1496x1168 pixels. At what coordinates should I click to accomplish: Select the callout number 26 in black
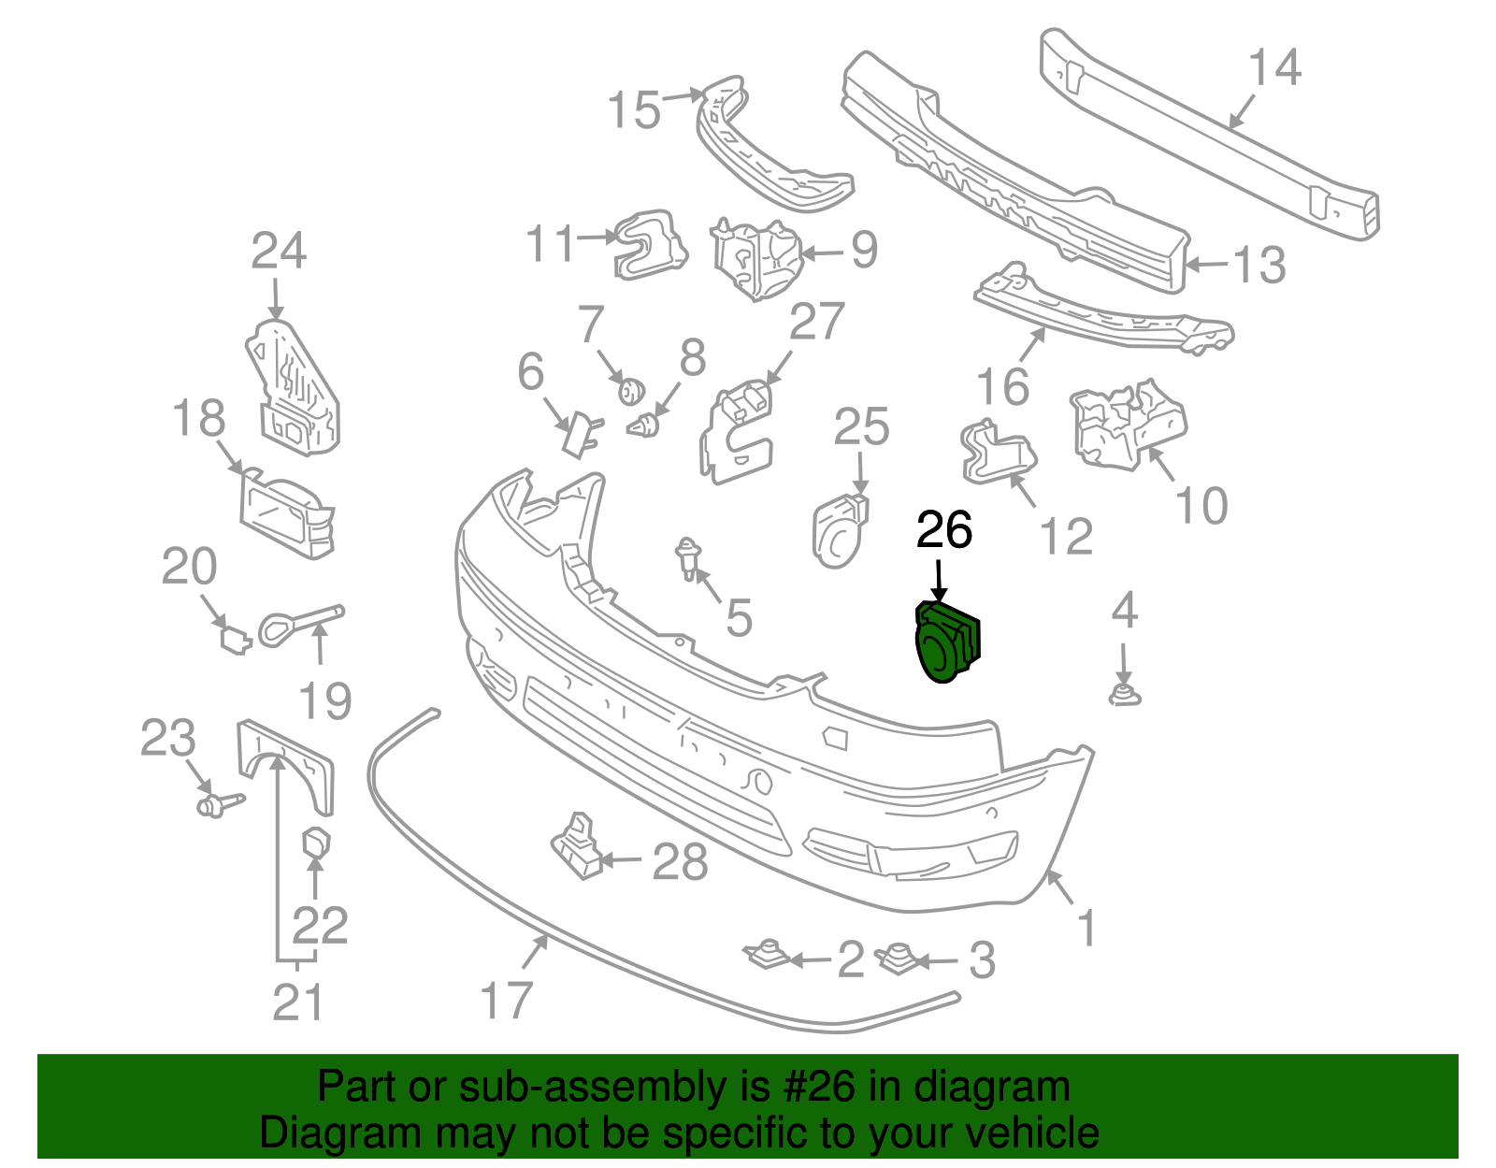(944, 530)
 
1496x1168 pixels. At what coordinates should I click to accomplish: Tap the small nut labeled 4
(1125, 695)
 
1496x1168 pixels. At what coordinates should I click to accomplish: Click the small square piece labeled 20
(234, 640)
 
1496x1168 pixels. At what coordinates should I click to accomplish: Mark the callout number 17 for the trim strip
(506, 1000)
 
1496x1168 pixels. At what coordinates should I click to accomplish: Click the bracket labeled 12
(998, 454)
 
